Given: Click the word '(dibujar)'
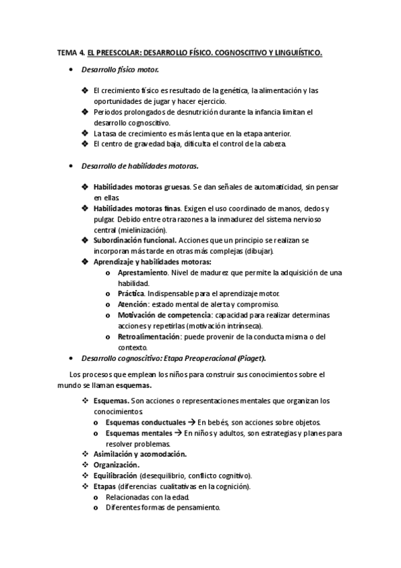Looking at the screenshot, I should point(240,251).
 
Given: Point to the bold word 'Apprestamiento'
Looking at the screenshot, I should point(143,273).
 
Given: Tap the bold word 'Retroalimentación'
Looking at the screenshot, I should point(149,336).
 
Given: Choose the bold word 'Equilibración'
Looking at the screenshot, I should point(115,475).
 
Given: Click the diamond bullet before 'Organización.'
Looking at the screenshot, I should point(85,464).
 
